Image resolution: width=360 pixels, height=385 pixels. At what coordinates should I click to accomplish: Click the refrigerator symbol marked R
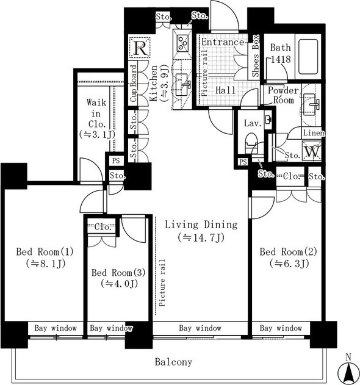click(140, 48)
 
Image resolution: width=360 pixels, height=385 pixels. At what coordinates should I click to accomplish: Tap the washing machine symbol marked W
click(312, 151)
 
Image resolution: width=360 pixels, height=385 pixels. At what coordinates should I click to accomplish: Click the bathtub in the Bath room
click(308, 57)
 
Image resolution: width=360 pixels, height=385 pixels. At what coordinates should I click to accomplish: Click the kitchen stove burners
click(182, 43)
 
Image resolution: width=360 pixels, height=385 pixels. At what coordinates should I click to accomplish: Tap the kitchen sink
click(182, 85)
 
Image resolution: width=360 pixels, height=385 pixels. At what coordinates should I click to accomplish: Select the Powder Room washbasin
click(311, 104)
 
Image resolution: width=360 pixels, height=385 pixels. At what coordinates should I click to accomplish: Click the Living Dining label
click(201, 225)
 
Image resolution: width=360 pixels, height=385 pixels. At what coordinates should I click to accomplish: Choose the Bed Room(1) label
click(45, 251)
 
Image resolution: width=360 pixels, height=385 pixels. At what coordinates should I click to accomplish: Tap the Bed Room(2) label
click(288, 251)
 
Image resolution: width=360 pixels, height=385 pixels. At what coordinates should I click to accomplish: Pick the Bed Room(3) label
click(118, 273)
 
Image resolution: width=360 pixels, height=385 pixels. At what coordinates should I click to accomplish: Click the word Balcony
click(173, 362)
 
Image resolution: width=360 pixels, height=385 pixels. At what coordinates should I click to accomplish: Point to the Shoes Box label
click(256, 56)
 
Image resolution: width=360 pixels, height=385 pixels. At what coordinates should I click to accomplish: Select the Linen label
click(314, 133)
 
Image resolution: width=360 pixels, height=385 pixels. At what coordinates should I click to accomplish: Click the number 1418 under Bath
click(281, 59)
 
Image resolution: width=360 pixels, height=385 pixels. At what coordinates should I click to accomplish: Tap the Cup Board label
click(134, 83)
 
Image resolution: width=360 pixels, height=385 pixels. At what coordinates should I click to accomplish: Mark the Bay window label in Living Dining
click(200, 328)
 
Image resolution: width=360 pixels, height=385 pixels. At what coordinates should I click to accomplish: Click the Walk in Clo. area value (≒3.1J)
click(97, 134)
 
